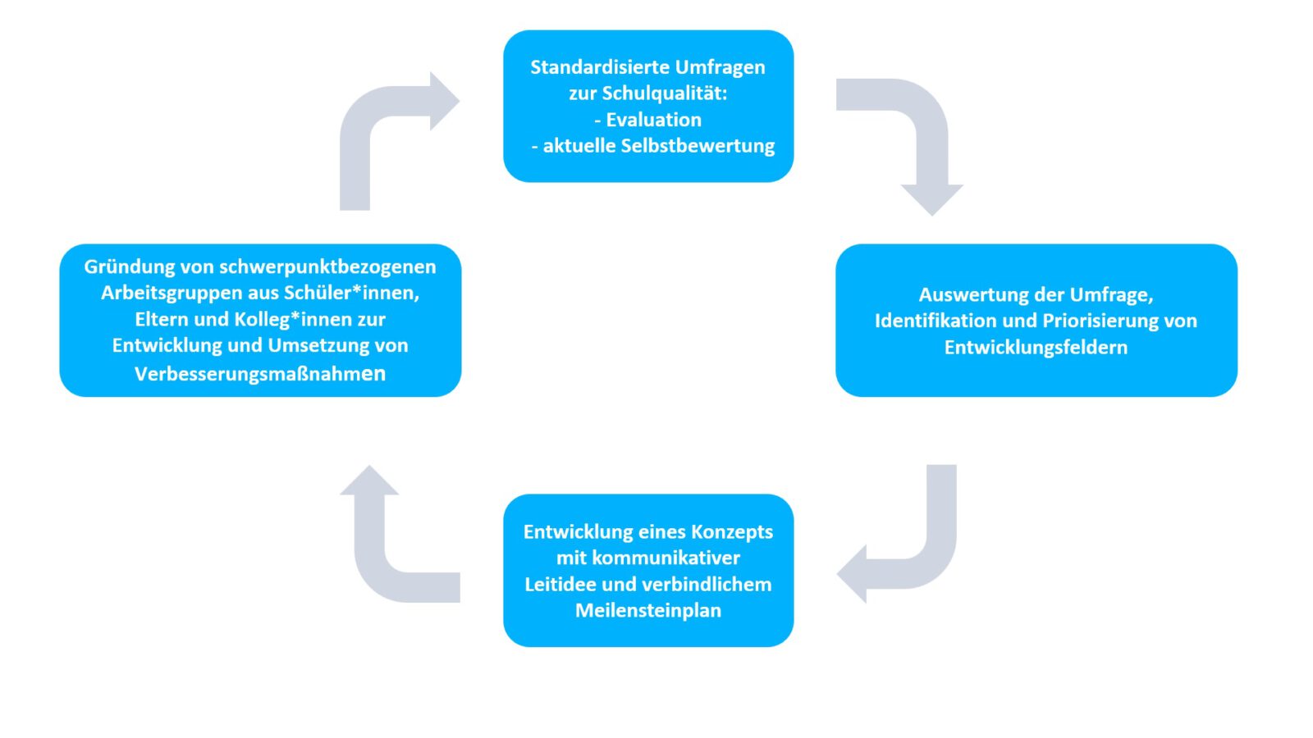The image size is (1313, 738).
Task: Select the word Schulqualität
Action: coord(665,93)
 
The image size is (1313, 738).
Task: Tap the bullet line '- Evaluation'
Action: coord(647,120)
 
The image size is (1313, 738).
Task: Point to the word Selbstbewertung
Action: coord(698,146)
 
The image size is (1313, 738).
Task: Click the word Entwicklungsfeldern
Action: coord(1036,348)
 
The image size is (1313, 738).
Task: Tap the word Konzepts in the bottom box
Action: coord(732,532)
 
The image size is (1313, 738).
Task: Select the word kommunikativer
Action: coord(666,558)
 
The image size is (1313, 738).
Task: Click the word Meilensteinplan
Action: coord(648,611)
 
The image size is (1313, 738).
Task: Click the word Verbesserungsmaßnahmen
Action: coord(260,374)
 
